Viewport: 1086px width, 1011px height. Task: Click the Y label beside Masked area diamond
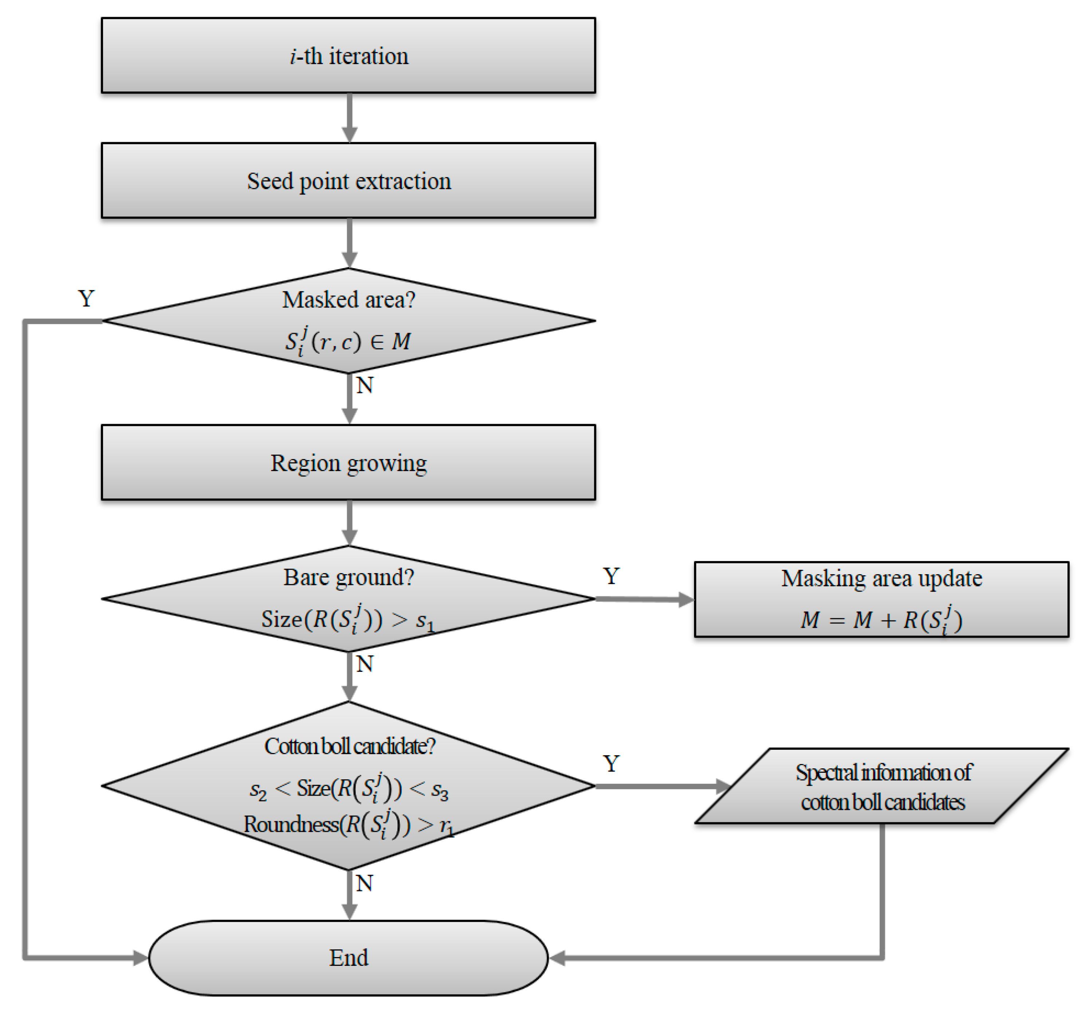pyautogui.click(x=86, y=298)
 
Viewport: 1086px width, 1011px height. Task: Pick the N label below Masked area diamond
pyautogui.click(x=364, y=385)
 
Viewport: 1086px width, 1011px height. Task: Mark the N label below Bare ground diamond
pyautogui.click(x=364, y=664)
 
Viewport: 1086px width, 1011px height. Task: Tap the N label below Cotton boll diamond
pyautogui.click(x=364, y=883)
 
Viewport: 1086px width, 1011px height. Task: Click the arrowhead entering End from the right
pyautogui.click(x=557, y=957)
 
